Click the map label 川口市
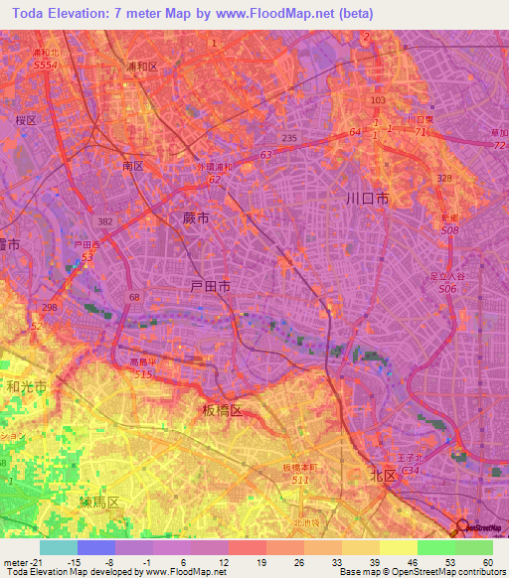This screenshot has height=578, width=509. click(x=367, y=199)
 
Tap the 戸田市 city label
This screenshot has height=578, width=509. click(x=210, y=286)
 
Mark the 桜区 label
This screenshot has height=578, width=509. click(x=25, y=119)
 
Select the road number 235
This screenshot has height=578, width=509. click(x=289, y=137)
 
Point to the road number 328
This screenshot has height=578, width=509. click(x=444, y=178)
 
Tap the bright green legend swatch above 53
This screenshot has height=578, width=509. click(x=435, y=547)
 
